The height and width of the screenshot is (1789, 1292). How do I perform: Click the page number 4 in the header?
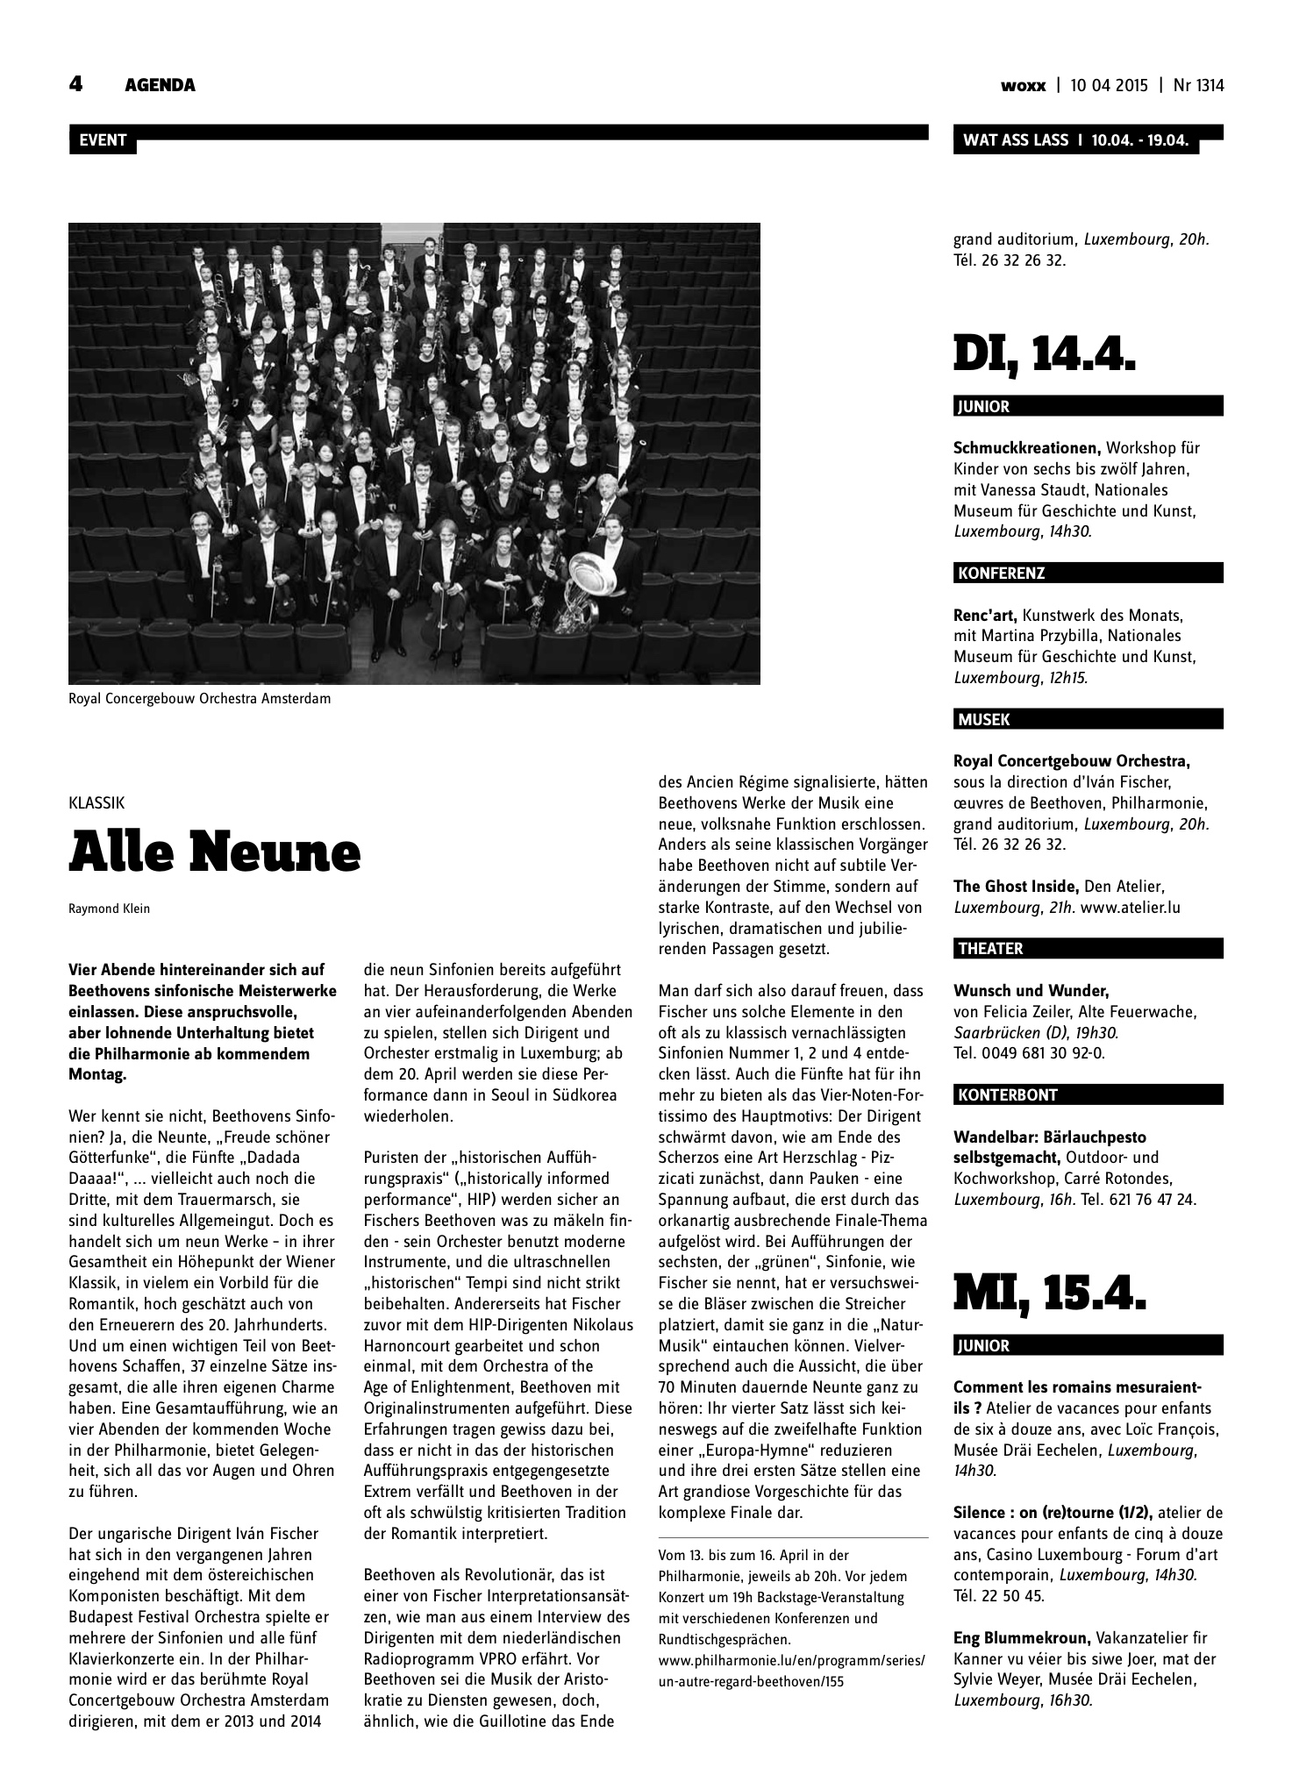point(76,84)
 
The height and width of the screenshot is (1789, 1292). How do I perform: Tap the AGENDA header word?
point(160,85)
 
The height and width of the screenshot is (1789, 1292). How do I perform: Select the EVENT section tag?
point(103,140)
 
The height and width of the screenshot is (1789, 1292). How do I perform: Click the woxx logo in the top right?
point(1024,86)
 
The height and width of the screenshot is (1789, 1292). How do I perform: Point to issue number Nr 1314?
point(1198,86)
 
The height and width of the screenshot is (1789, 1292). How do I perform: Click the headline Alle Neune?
point(215,852)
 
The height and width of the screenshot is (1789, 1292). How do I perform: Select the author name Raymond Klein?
point(109,909)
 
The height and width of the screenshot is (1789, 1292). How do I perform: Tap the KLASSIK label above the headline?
point(96,802)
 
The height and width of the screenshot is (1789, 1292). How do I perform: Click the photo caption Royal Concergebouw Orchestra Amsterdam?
point(199,699)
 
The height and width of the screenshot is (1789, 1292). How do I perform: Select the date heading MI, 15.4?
point(1049,1294)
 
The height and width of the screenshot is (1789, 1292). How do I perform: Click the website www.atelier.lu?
point(1131,908)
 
